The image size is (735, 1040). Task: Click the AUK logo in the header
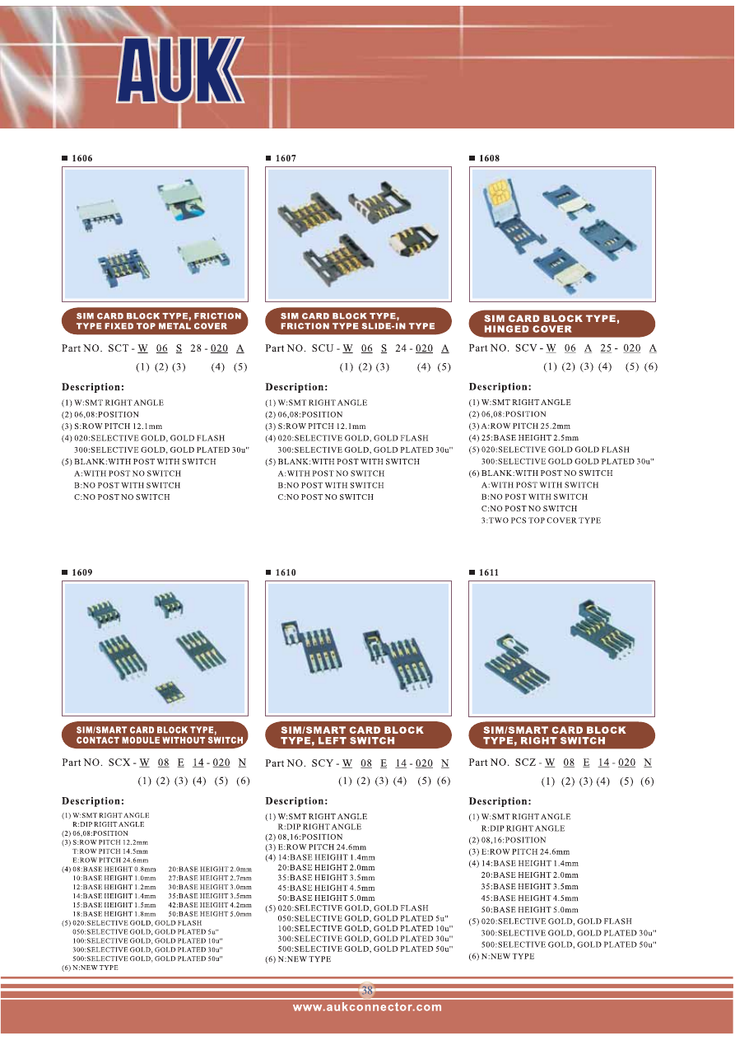(x=180, y=70)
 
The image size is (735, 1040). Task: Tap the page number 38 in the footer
(x=367, y=990)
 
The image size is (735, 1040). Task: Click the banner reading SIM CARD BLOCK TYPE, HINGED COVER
(x=562, y=324)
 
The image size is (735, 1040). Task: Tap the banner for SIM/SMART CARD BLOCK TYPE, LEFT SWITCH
(x=358, y=735)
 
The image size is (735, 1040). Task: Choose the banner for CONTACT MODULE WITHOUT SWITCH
(x=155, y=735)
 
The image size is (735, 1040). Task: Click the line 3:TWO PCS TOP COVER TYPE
(x=541, y=520)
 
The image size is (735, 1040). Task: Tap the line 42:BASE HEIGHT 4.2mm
(x=210, y=905)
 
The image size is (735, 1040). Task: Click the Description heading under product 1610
(x=296, y=801)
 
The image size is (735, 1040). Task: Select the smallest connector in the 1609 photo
(x=170, y=692)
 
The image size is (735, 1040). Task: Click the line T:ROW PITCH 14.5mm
(x=110, y=851)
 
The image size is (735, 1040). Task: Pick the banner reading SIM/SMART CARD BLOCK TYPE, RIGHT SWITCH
(x=562, y=735)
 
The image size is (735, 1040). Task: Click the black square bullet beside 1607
(x=268, y=158)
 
